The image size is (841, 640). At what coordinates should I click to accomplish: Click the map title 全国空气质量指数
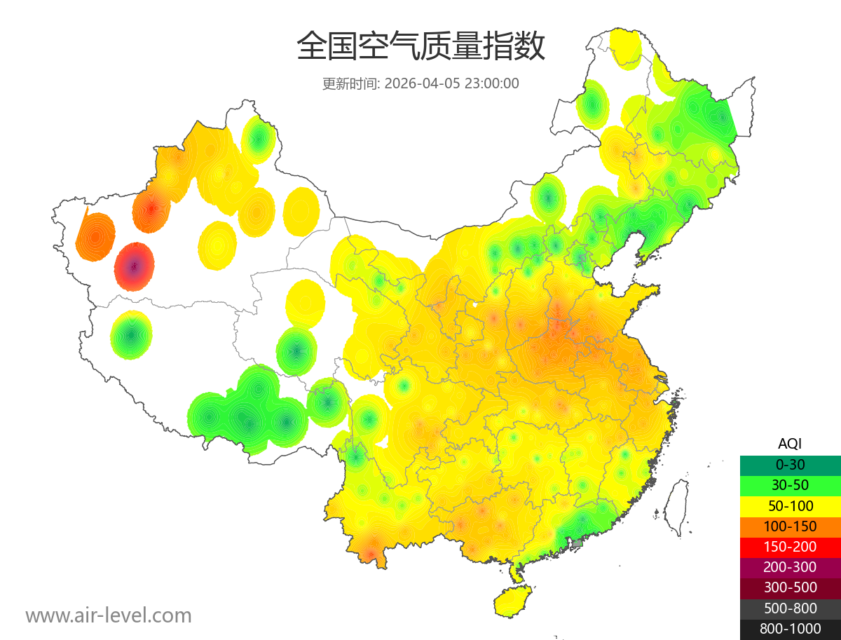point(420,48)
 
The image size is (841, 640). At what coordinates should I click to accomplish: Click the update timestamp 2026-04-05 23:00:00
point(452,83)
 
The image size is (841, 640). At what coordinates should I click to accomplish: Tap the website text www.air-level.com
point(109,615)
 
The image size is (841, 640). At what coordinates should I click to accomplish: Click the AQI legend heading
point(790,444)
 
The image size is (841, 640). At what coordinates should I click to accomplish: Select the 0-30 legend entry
point(790,464)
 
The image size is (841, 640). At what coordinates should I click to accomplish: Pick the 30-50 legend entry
point(790,484)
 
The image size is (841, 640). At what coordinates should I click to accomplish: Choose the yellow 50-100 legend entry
point(790,505)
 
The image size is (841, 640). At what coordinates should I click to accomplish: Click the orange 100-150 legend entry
point(790,526)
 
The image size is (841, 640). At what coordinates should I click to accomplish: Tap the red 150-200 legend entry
point(790,546)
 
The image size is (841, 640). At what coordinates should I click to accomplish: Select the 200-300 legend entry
point(790,567)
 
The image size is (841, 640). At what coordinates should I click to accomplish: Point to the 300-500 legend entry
point(790,587)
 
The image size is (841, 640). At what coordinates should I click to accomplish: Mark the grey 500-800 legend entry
point(790,608)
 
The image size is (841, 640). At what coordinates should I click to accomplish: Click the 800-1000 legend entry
point(790,629)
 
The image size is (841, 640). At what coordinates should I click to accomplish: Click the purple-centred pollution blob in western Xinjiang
point(135,266)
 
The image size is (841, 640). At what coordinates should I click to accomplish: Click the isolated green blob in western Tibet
point(131,335)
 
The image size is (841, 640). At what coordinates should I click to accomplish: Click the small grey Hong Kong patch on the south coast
point(577,543)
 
